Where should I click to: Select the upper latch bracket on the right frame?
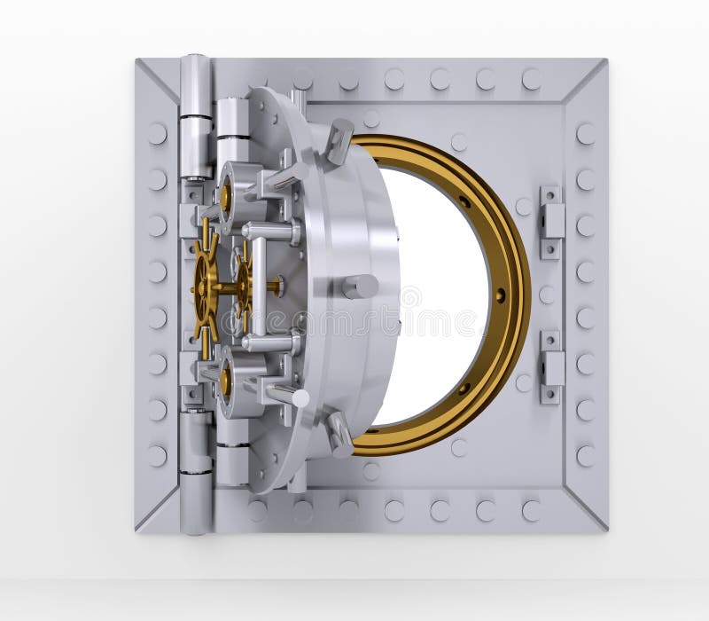(551, 212)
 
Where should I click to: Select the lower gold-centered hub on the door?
(225, 380)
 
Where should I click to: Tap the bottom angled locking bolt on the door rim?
(339, 432)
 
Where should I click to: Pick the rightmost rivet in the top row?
(531, 79)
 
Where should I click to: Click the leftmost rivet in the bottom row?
(257, 510)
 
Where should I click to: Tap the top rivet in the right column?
(586, 133)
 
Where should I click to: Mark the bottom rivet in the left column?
(157, 456)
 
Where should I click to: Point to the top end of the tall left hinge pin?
(195, 62)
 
